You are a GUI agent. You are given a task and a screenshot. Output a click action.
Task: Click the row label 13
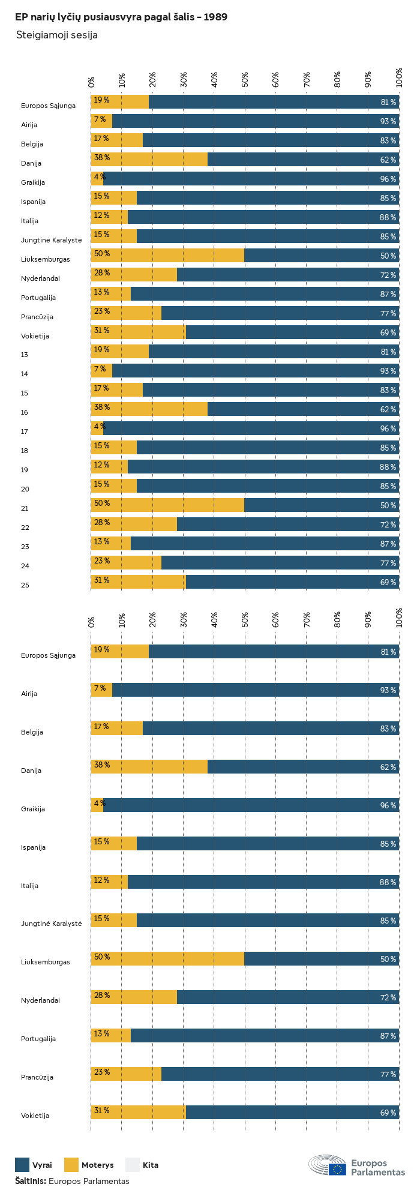(25, 355)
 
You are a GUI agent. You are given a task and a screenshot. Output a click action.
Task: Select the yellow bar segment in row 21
(167, 505)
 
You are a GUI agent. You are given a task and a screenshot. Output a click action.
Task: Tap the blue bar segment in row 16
(303, 409)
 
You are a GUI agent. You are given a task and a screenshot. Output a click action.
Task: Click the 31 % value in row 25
(101, 580)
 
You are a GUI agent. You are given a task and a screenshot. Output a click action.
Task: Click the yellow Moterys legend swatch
(71, 1165)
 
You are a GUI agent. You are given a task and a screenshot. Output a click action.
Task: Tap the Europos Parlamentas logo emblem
(328, 1165)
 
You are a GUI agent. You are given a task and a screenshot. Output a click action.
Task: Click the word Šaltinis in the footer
(30, 1181)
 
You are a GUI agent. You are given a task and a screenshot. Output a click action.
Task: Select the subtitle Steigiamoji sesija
(57, 35)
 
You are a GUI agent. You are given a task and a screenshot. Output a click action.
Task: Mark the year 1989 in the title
(215, 17)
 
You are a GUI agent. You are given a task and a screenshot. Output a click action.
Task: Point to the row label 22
(25, 527)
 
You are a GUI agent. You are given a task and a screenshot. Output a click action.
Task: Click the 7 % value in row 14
(100, 369)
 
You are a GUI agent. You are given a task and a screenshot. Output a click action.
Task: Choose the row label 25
(25, 585)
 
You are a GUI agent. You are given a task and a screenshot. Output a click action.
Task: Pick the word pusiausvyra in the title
(116, 17)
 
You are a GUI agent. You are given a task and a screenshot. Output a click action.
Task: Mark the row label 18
(25, 451)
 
